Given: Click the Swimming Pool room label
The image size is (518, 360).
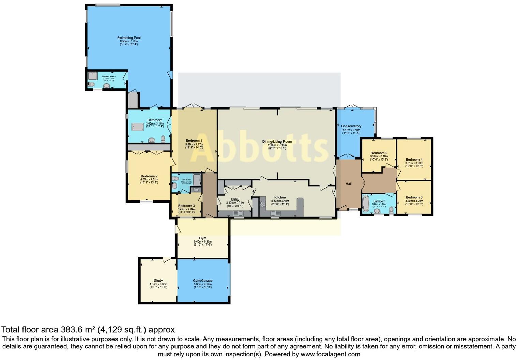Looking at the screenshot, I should point(129,38).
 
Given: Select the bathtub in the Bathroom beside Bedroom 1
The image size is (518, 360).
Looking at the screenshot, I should point(138,127).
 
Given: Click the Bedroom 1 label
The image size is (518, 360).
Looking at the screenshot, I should point(194,141).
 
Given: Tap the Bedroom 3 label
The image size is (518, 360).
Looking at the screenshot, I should point(186,206).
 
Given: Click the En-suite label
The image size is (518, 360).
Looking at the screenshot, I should point(186,180).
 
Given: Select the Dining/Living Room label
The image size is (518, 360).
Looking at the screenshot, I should point(277,141).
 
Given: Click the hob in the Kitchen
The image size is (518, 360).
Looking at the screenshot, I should point(263,204).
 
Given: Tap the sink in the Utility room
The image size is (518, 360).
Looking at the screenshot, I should point(238,213).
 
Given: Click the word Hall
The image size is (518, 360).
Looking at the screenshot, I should point(348,184).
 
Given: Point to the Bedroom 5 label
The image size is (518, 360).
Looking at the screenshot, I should point(379,153).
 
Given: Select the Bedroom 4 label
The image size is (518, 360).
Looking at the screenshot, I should point(414,160).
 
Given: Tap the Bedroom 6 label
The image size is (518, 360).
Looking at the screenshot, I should point(414,197).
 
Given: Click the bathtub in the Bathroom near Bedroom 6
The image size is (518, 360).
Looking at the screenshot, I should point(366,204).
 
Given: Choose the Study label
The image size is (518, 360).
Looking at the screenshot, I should point(158,281).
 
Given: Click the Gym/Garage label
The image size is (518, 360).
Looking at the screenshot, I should point(203,281).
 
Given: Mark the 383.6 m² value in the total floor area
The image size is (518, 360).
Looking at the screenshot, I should point(78,330).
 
